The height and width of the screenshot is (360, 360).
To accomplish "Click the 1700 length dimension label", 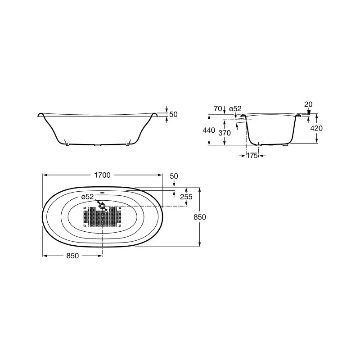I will click(x=102, y=175).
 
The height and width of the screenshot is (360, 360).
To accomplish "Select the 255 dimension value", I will click(x=186, y=197).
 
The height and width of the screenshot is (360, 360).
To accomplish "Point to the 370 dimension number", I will click(x=224, y=133).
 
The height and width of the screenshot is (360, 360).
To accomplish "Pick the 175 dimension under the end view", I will click(x=252, y=155).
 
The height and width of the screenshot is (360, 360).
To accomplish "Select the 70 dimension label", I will click(x=218, y=108).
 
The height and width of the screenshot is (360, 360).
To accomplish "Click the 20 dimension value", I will click(x=308, y=104).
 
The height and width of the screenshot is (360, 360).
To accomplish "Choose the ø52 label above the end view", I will click(x=235, y=108).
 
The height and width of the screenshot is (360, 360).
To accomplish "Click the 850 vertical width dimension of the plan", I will click(x=199, y=217).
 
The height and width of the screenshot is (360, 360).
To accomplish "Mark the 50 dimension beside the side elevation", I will click(x=174, y=114).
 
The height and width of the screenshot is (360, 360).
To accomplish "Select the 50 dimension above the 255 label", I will click(x=174, y=175).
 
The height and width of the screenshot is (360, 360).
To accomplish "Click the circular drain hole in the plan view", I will click(x=103, y=206).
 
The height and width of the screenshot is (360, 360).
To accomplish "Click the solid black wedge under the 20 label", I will click(x=308, y=112).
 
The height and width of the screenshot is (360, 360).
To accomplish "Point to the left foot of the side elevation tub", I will click(x=67, y=144).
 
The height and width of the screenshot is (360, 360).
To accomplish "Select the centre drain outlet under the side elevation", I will click(x=98, y=145).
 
